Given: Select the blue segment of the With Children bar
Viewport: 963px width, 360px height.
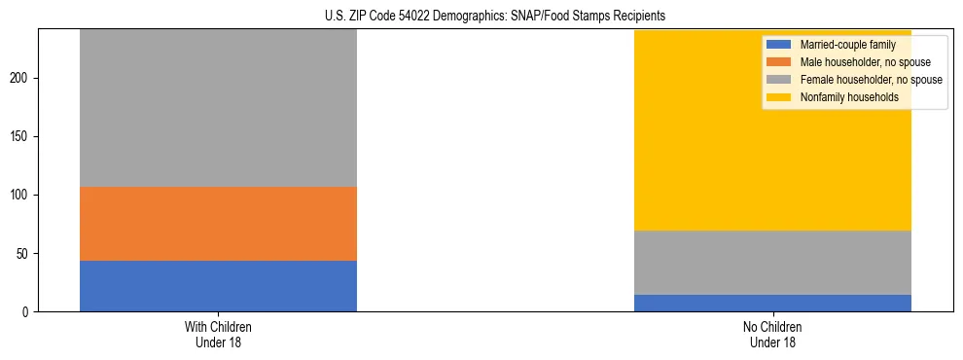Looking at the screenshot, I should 218,286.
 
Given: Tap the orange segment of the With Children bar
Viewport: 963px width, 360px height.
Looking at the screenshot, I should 218,224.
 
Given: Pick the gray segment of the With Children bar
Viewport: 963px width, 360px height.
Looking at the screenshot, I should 218,108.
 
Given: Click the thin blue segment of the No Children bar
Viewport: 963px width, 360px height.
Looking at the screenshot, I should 772,303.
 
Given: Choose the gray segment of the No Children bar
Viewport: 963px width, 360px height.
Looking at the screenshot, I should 772,263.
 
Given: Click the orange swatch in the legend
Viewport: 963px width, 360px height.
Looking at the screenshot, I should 779,62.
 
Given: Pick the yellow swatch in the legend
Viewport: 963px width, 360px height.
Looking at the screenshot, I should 779,97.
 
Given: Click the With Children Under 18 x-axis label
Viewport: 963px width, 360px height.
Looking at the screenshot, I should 218,334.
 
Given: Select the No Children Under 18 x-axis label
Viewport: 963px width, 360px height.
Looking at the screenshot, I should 772,334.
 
